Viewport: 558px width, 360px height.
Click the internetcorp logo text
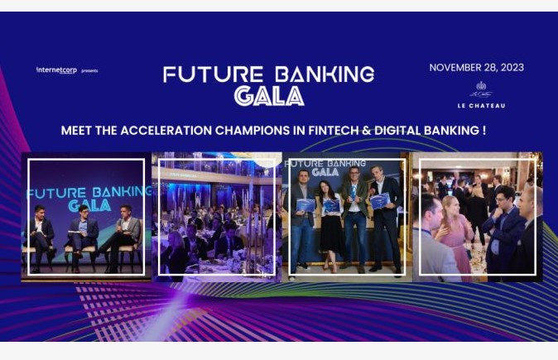tap(56, 70)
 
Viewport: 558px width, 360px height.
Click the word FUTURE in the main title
tap(202, 74)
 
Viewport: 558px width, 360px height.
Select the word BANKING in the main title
tap(315, 74)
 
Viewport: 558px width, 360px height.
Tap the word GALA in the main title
tap(268, 96)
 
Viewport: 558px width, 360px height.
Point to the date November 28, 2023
tap(476, 68)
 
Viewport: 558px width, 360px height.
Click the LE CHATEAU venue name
tap(481, 106)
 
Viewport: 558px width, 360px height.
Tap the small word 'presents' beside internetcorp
tap(89, 71)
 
